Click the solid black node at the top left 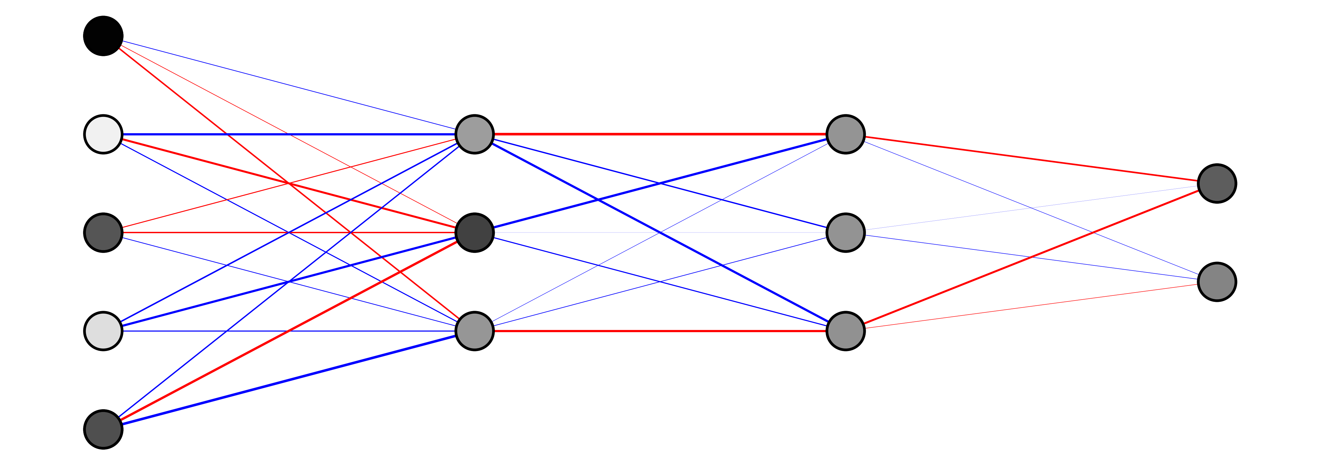[103, 36]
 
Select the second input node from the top [103, 134]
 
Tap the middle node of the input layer [103, 233]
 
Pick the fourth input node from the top [103, 331]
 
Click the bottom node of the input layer [103, 430]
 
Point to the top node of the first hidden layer [475, 134]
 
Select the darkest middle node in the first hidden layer [475, 233]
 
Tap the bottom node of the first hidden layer [475, 331]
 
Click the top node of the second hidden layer [846, 134]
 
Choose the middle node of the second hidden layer [846, 233]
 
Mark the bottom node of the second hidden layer [846, 331]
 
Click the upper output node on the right [1217, 184]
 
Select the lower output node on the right [1217, 282]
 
